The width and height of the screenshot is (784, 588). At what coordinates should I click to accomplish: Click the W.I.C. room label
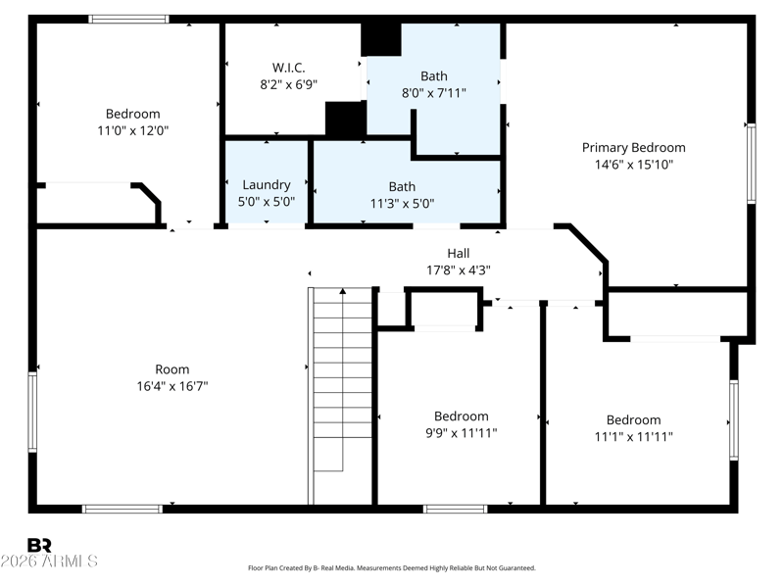click(x=288, y=68)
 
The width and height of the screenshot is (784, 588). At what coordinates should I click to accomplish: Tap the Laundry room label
click(x=267, y=185)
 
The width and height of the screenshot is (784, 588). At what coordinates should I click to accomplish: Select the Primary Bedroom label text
click(x=633, y=148)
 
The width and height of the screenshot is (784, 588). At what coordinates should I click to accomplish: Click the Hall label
click(x=459, y=253)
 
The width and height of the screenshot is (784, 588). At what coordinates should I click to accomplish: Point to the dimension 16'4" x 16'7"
click(x=172, y=386)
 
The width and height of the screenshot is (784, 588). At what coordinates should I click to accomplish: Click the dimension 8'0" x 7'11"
click(x=434, y=92)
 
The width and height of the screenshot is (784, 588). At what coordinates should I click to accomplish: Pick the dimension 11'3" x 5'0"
click(x=402, y=204)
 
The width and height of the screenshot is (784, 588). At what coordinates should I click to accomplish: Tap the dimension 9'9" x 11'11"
click(x=461, y=432)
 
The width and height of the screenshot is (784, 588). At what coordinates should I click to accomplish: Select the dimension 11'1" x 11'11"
click(x=633, y=436)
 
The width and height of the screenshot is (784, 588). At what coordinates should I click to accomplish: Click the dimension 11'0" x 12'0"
click(x=133, y=130)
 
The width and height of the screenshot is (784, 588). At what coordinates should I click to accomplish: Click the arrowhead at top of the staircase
click(x=342, y=291)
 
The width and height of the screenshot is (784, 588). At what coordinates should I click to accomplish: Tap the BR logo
click(x=39, y=545)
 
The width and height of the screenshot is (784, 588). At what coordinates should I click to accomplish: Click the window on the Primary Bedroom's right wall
click(x=751, y=163)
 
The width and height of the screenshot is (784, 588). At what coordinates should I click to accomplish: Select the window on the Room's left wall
click(x=32, y=412)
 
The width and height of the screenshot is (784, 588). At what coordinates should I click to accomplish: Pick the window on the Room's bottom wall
click(x=122, y=509)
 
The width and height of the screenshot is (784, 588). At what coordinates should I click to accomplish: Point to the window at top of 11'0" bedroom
click(x=129, y=19)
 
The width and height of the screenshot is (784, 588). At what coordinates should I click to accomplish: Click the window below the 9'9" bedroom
click(x=455, y=509)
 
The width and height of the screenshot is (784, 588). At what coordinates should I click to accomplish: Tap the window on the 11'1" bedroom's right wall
click(x=733, y=420)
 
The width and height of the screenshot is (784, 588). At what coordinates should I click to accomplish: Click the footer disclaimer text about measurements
click(x=392, y=568)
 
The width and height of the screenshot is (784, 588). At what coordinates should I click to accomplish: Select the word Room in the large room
click(x=172, y=369)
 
